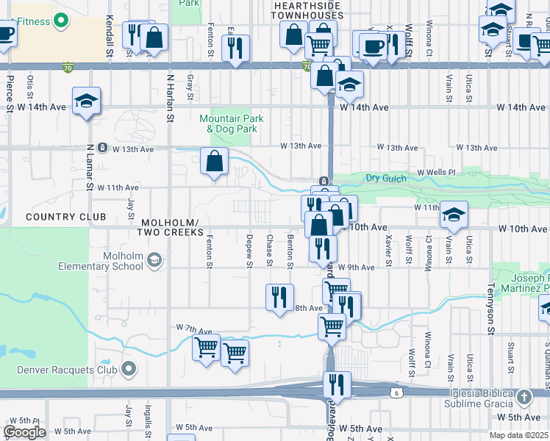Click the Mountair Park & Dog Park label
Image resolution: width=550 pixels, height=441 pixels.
[x=229, y=123]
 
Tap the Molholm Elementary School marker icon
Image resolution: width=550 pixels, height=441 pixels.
[x=154, y=259]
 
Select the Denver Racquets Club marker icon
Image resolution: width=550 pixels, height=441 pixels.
[x=129, y=367]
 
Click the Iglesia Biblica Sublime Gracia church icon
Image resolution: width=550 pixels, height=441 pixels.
[x=524, y=398]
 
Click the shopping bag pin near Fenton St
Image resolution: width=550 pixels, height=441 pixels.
[x=214, y=161]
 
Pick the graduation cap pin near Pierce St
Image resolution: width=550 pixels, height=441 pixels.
[x=86, y=101]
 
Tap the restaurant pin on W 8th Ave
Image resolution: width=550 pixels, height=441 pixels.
[x=279, y=298]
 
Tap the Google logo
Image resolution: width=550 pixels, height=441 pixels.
[x=24, y=432]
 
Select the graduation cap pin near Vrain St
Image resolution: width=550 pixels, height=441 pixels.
[x=454, y=214]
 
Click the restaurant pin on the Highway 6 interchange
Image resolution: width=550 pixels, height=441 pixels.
[x=336, y=384]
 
